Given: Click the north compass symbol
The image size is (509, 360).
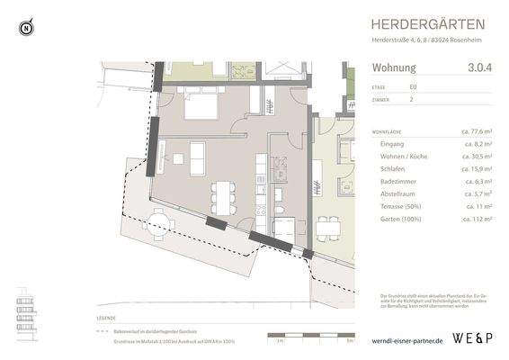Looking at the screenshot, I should [x=27, y=28].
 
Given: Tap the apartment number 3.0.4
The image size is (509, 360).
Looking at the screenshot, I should [x=480, y=67].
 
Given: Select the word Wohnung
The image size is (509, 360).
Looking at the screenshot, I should [x=393, y=67].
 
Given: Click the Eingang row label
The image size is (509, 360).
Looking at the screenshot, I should [x=393, y=144].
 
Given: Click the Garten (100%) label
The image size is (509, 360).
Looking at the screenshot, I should [x=402, y=219].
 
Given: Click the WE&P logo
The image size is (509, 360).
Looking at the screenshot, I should [x=473, y=340].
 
